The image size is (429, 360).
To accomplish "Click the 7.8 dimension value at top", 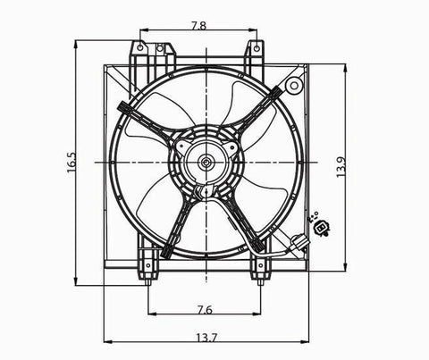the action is click(198, 26).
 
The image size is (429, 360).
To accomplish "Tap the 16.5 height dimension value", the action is click(71, 163).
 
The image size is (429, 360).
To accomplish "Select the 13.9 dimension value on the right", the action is click(341, 167).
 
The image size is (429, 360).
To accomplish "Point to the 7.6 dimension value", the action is click(205, 310).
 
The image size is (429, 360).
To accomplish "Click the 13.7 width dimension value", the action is click(206, 338).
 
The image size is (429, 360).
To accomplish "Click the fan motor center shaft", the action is click(206, 163).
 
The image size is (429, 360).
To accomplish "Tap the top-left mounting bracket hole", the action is click(140, 47).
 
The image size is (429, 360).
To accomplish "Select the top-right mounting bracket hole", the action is click(257, 47).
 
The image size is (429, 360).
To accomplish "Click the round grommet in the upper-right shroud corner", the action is click(294, 86).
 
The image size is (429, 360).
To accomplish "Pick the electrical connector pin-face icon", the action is click(321, 228).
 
